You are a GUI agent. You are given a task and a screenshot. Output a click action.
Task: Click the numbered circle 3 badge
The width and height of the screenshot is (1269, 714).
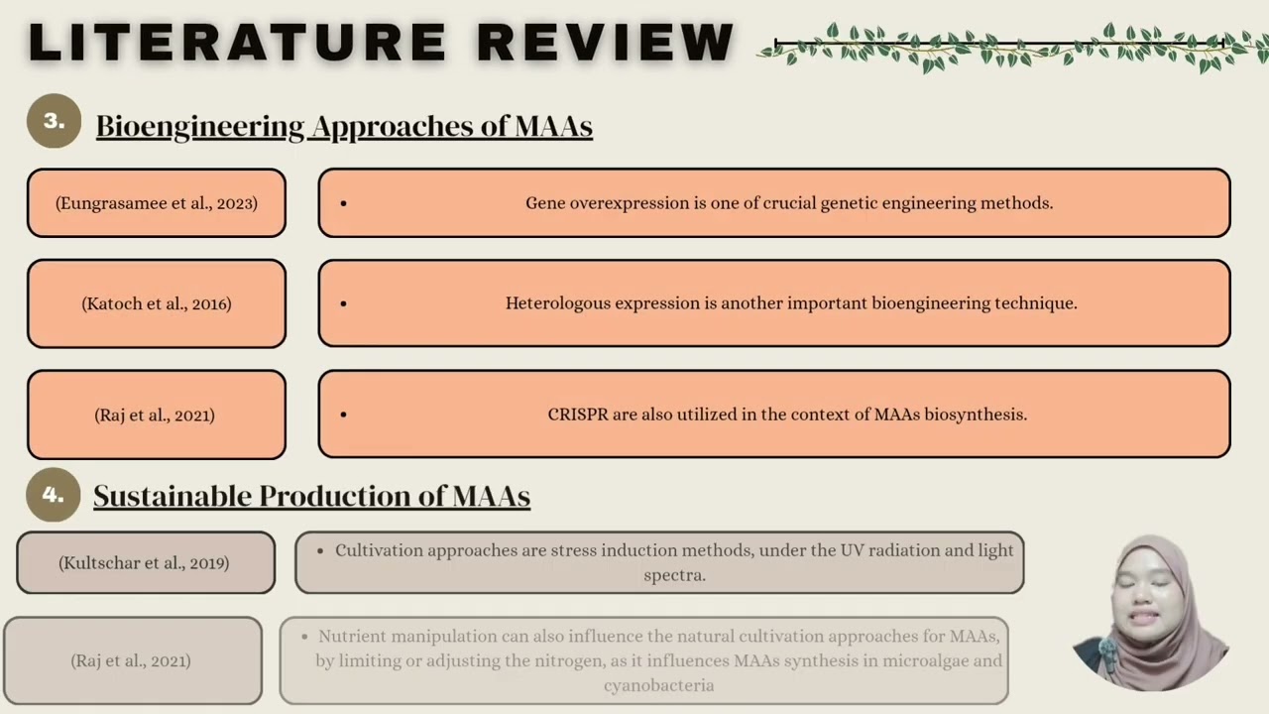pos(54,121)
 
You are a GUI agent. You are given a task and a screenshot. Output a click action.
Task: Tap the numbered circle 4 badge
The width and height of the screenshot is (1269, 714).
pos(54,494)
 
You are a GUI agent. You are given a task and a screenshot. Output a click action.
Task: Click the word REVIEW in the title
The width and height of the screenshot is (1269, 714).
pos(605,43)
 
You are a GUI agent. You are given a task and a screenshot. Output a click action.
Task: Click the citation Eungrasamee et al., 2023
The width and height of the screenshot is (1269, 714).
pos(157,203)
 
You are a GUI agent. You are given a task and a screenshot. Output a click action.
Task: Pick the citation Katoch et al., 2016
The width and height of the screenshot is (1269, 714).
pos(157,303)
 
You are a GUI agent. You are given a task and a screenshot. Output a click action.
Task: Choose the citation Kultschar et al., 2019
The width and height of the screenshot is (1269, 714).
pos(144,563)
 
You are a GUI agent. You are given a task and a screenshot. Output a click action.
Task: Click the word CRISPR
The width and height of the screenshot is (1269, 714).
pos(578,415)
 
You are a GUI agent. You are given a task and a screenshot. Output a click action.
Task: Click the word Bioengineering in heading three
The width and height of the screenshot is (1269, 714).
pos(199,126)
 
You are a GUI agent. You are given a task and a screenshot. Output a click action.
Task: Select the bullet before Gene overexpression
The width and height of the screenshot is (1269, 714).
pos(344,203)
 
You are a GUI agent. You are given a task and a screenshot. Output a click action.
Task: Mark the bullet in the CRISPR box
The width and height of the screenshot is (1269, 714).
pos(344,415)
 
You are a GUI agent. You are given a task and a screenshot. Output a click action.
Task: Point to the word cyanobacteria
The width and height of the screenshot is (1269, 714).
pos(658,685)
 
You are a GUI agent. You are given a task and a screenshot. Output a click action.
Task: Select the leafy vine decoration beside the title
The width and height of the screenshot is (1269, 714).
pos(1011,48)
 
